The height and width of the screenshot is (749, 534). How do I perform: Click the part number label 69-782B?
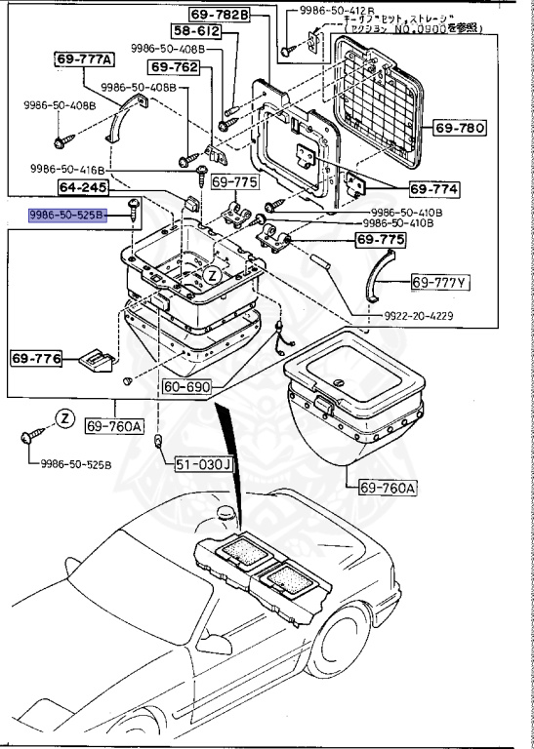point(226,16)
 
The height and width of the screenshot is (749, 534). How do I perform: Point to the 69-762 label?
point(174,67)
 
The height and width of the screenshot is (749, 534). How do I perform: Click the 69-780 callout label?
point(458,128)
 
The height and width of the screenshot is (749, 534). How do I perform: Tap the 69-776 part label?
point(36,359)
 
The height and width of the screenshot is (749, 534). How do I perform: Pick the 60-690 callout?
point(185,387)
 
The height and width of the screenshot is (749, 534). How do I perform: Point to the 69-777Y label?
point(440,283)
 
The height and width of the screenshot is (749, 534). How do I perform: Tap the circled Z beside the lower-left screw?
point(63,418)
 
